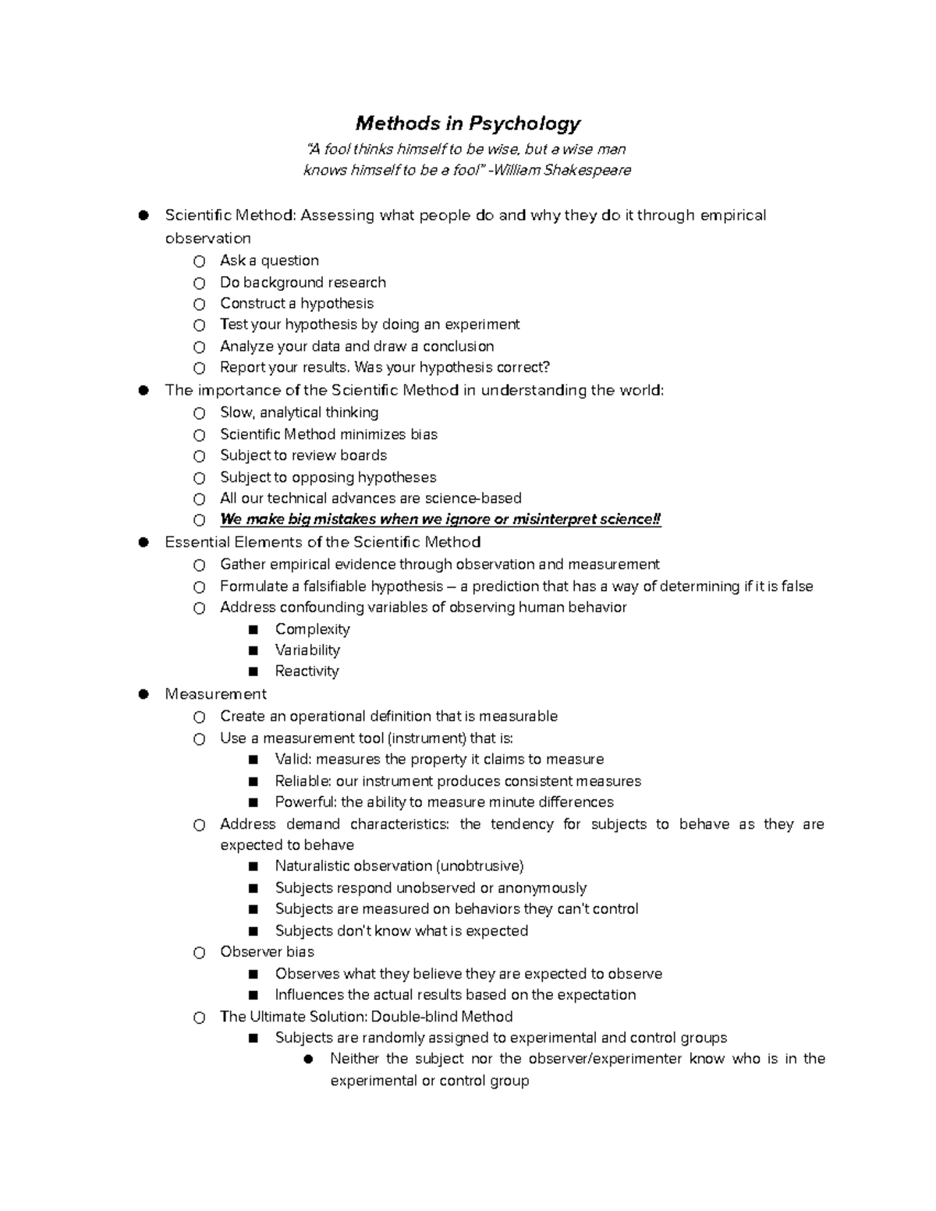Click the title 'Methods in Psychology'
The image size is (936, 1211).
pyautogui.click(x=468, y=123)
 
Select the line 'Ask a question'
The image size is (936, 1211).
pyautogui.click(x=269, y=260)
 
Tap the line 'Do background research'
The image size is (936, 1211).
pyautogui.click(x=303, y=282)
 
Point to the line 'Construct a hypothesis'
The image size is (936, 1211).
pyautogui.click(x=296, y=303)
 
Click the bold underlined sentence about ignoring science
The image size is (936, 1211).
pyautogui.click(x=440, y=519)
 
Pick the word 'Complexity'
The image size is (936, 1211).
pyautogui.click(x=312, y=629)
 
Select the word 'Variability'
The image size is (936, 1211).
pyautogui.click(x=307, y=650)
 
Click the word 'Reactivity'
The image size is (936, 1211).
pyautogui.click(x=307, y=671)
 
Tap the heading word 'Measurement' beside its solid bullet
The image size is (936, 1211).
pyautogui.click(x=215, y=694)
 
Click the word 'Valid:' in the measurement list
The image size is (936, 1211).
pyautogui.click(x=293, y=760)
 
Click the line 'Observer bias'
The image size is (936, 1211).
pyautogui.click(x=267, y=952)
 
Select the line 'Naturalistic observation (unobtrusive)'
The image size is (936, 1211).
pyautogui.click(x=399, y=866)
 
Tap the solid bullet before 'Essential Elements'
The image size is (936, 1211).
pyautogui.click(x=144, y=543)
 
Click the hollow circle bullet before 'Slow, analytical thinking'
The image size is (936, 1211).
pyautogui.click(x=200, y=413)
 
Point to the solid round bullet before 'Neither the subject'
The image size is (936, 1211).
pyautogui.click(x=309, y=1059)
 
